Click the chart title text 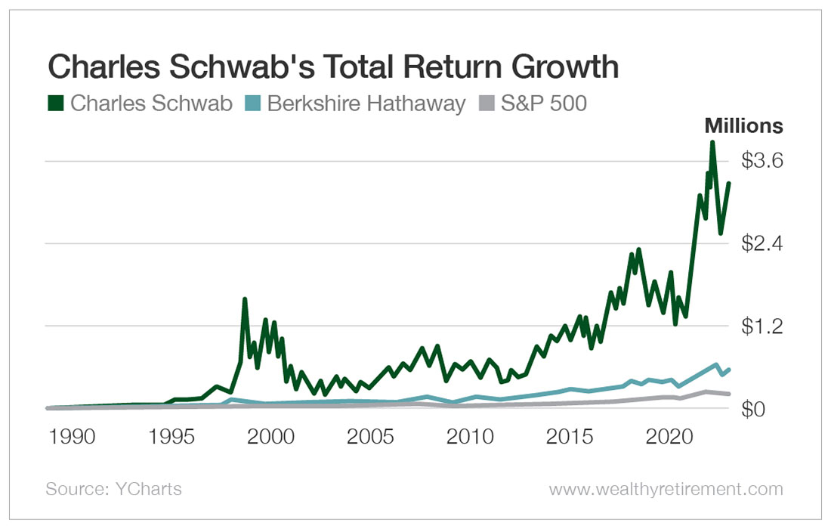[333, 67]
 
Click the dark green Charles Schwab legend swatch [55, 104]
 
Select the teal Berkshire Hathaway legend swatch [253, 104]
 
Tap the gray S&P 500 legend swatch [487, 104]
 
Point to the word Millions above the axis [743, 126]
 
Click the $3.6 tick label [761, 161]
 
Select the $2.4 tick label [761, 244]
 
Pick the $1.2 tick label [761, 326]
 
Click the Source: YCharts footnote [114, 489]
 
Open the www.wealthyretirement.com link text [666, 489]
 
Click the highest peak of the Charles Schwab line [712, 143]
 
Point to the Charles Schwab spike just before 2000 [245, 299]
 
